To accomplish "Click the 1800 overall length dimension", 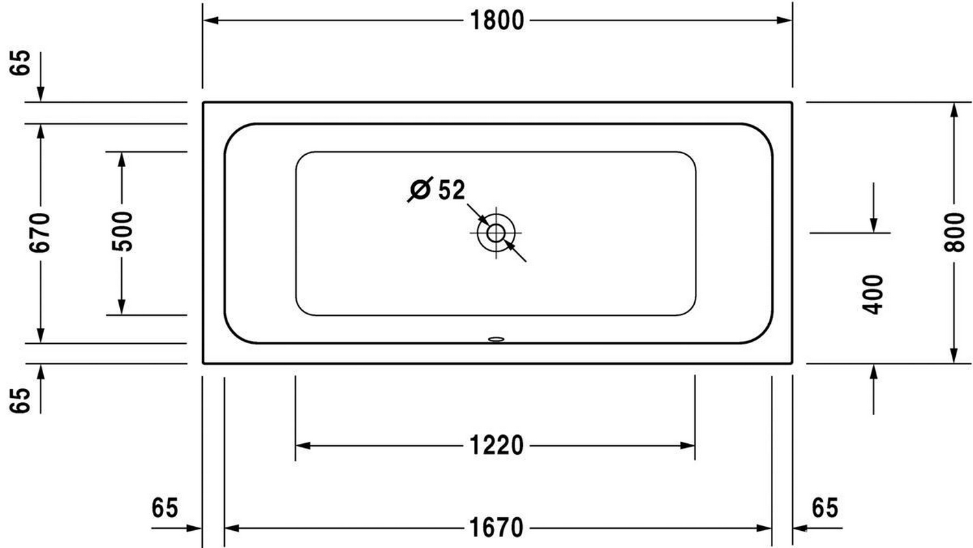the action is [497, 21].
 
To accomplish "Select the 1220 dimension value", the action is [497, 445].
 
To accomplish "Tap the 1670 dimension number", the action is [497, 528].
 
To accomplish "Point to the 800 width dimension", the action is [954, 232].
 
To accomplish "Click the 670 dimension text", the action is [40, 232].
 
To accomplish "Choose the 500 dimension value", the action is [122, 232].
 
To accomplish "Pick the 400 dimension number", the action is [873, 295].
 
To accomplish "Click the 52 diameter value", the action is [452, 190].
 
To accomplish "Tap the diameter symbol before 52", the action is [420, 189].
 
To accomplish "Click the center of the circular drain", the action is [495, 233].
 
